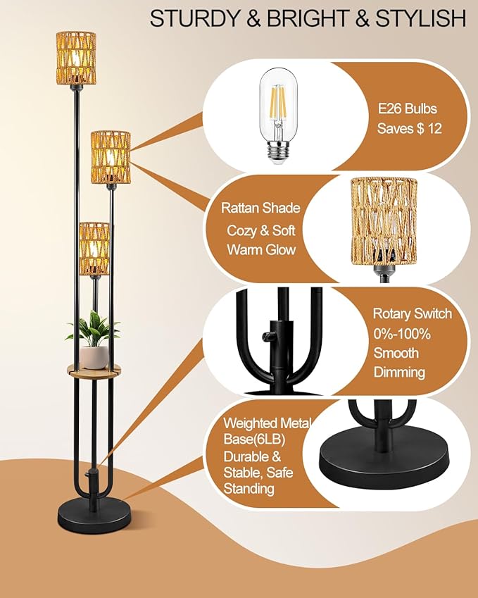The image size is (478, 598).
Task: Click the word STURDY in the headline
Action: point(185,18)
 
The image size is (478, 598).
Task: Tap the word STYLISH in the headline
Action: point(422,18)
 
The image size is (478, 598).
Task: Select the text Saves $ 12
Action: point(409,129)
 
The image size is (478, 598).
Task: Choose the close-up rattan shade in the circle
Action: point(384,223)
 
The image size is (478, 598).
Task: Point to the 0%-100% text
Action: point(401,333)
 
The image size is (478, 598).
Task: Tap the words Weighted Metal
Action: point(260,424)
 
